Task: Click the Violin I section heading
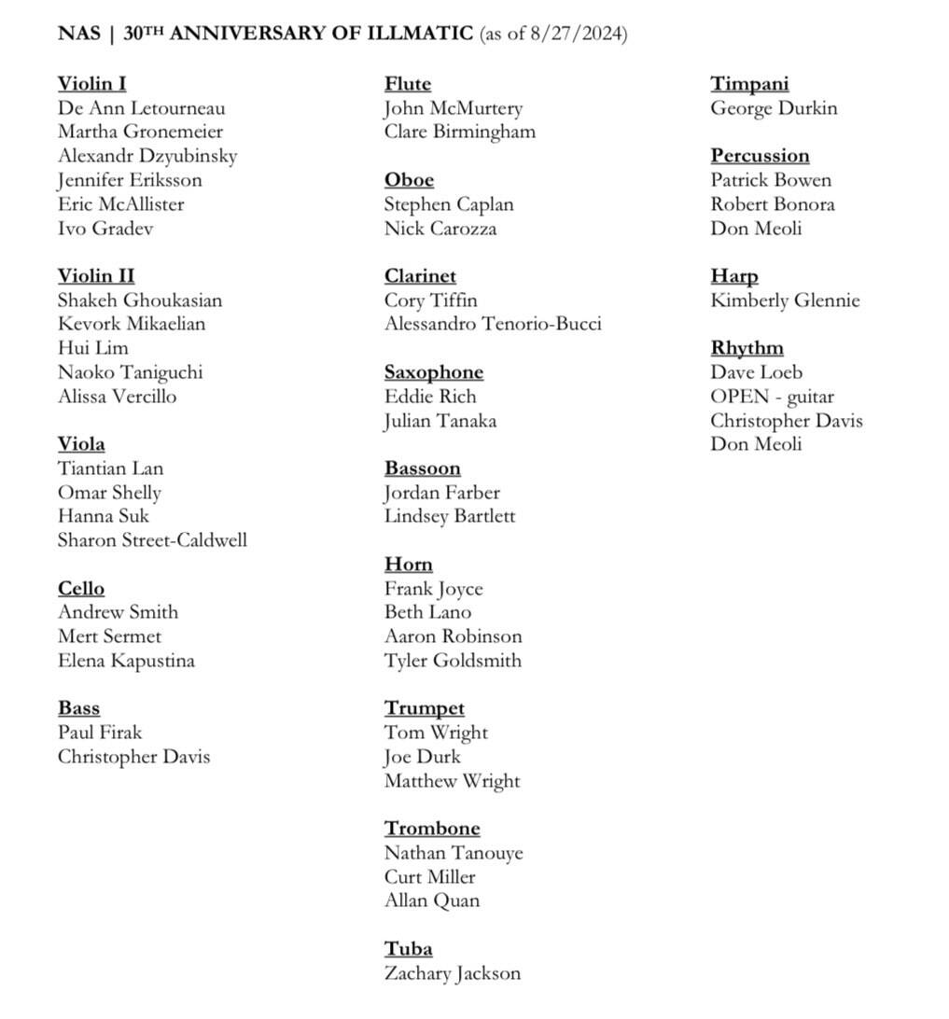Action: pyautogui.click(x=91, y=84)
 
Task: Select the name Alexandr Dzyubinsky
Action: pyautogui.click(x=147, y=156)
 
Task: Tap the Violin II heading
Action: pyautogui.click(x=96, y=276)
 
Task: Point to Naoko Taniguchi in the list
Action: pyautogui.click(x=130, y=372)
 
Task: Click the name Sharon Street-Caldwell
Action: pyautogui.click(x=152, y=540)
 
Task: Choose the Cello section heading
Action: pyautogui.click(x=81, y=589)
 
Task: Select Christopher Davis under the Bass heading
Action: pyautogui.click(x=133, y=757)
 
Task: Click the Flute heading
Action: pyautogui.click(x=408, y=84)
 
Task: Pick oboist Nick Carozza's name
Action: pyautogui.click(x=440, y=229)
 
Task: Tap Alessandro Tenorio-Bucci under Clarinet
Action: pyautogui.click(x=493, y=324)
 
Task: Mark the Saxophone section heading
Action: pyautogui.click(x=434, y=372)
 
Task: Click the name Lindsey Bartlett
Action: pyautogui.click(x=450, y=516)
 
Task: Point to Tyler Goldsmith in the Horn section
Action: pyautogui.click(x=453, y=661)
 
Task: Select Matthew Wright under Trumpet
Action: pyautogui.click(x=452, y=781)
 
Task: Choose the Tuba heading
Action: pyautogui.click(x=409, y=949)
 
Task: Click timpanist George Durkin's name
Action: pyautogui.click(x=774, y=108)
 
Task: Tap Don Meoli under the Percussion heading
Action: pyautogui.click(x=756, y=229)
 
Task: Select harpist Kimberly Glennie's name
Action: pyautogui.click(x=785, y=300)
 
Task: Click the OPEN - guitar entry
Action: pyautogui.click(x=772, y=397)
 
